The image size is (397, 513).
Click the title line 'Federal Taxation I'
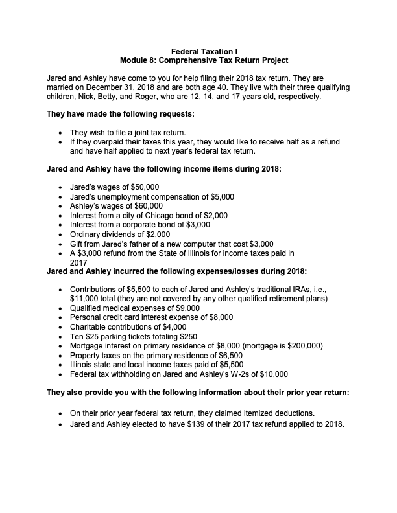tap(198, 51)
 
